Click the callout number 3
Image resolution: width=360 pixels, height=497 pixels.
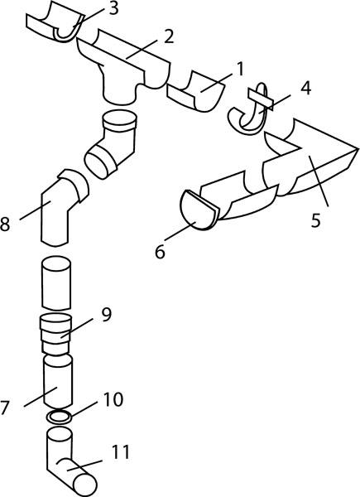coord(113,9)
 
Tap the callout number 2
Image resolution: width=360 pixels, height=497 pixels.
coord(169,36)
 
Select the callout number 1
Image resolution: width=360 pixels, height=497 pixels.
coord(241,70)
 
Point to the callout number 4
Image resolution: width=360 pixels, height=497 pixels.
coord(305,89)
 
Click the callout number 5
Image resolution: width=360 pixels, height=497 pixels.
coord(315,220)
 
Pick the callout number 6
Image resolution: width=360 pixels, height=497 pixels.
coord(161,253)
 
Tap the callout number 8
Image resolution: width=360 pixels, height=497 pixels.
coord(5,224)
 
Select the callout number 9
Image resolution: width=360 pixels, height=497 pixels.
coord(107,315)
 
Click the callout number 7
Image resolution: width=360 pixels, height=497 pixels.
coord(4,408)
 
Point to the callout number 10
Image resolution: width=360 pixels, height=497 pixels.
coord(113,399)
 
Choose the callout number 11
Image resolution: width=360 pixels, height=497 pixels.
coord(120,452)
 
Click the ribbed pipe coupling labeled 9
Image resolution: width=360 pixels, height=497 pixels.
coord(55,335)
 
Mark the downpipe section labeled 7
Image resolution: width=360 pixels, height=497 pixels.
coord(58,381)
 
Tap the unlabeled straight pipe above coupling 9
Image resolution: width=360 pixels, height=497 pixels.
coord(56,283)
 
